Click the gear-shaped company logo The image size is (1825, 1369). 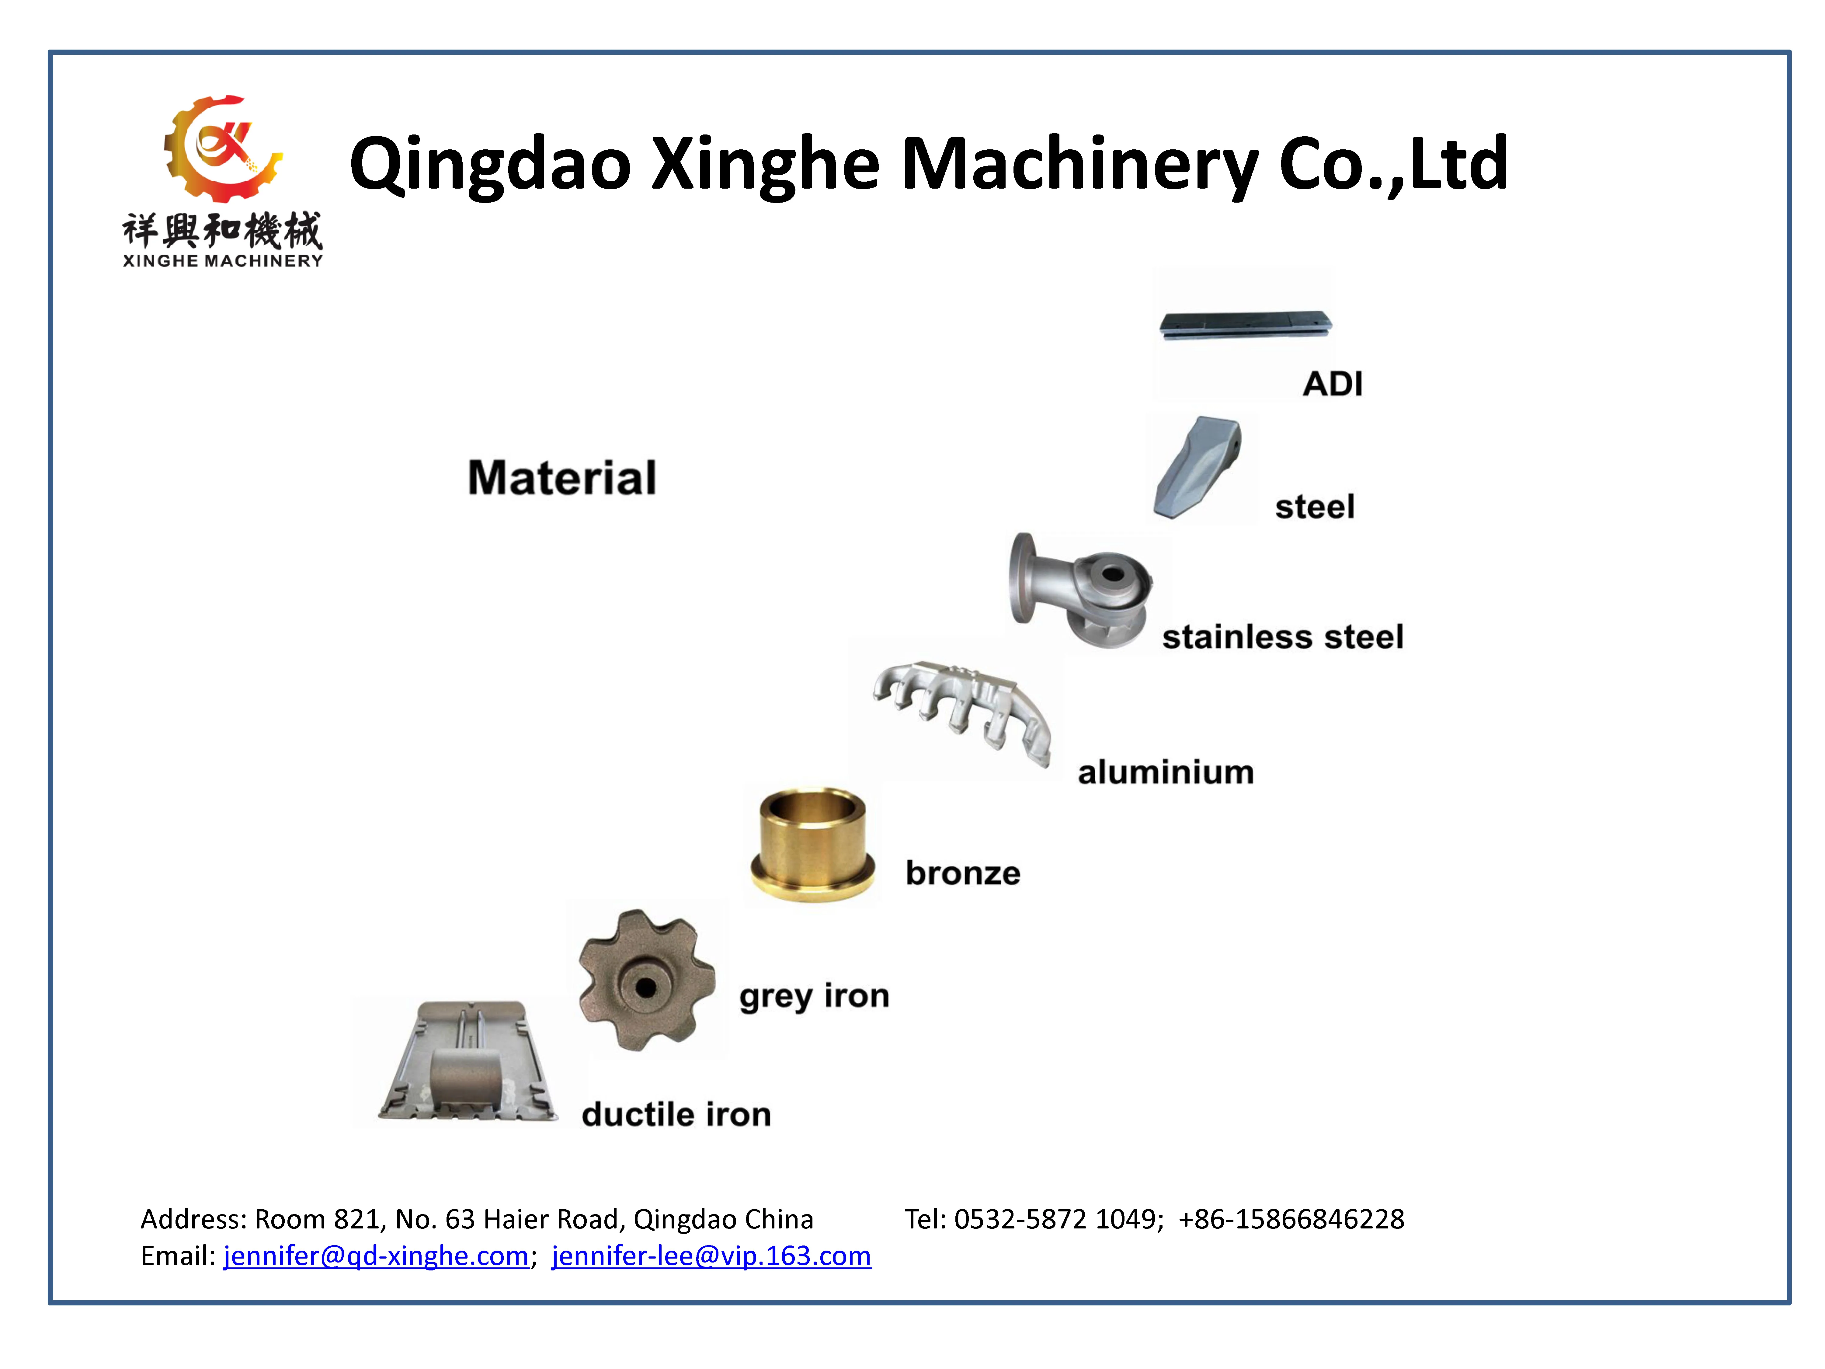221,148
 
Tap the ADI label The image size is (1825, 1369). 1333,384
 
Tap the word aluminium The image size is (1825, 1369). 1165,772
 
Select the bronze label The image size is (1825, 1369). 963,873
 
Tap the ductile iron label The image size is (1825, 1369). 676,1114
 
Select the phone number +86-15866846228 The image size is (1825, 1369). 1291,1219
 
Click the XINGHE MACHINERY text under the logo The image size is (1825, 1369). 223,261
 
